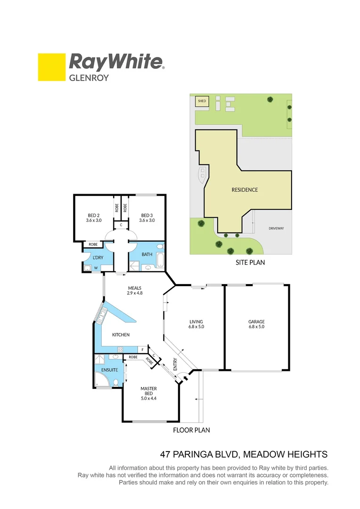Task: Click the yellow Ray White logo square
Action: pos(51,67)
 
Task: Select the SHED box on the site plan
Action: pos(202,101)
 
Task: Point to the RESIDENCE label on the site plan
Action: pos(245,190)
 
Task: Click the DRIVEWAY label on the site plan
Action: pos(277,228)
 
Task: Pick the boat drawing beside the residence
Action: pos(203,175)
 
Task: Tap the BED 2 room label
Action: pos(94,215)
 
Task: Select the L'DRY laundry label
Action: pos(98,257)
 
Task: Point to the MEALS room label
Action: pos(135,288)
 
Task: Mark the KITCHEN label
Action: pos(121,335)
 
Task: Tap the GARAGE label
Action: pos(256,322)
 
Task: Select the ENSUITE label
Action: pos(109,370)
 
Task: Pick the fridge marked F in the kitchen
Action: pos(143,350)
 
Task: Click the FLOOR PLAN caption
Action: pos(191,430)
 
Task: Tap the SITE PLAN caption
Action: pos(250,263)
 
